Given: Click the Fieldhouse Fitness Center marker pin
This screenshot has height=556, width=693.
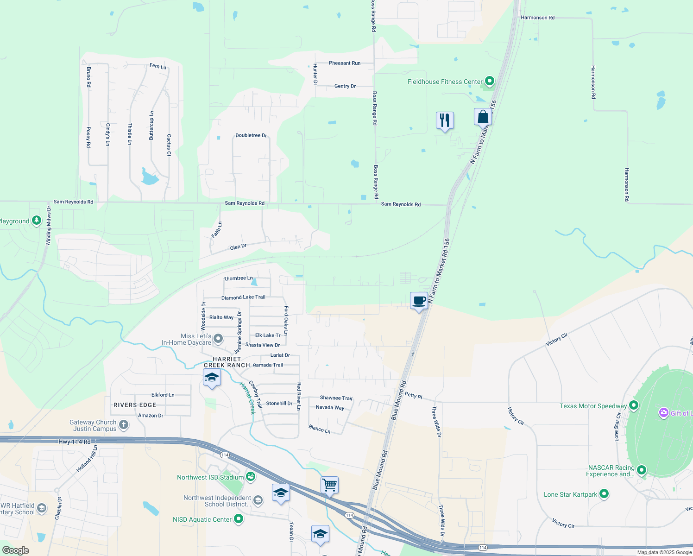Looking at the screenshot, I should [489, 82].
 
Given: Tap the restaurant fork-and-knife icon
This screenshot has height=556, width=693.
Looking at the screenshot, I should [445, 120].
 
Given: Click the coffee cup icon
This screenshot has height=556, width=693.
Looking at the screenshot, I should [419, 301].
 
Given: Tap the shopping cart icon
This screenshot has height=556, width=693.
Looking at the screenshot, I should [329, 485].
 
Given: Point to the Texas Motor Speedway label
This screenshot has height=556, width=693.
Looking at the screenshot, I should [593, 406].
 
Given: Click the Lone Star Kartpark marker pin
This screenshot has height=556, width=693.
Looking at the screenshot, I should [604, 494].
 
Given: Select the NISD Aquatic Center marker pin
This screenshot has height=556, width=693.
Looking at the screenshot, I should [239, 519].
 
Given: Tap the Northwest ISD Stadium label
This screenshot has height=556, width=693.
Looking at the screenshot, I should [210, 477].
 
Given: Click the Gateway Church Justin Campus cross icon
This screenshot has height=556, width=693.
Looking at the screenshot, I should [124, 424].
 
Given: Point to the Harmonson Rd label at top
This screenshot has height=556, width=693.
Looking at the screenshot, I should [537, 18].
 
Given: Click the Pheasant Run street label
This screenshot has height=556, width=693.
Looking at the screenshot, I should [345, 63].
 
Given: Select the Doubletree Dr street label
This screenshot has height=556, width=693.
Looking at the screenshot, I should [251, 135].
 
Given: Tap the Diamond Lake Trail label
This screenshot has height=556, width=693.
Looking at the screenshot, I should [243, 297].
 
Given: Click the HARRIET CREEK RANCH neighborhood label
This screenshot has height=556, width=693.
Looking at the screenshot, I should [227, 362].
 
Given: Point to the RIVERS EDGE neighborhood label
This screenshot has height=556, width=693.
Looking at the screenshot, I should [135, 405].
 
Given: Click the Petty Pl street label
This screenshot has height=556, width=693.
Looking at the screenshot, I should [413, 396].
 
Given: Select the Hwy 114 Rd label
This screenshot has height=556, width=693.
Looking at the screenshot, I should [75, 442].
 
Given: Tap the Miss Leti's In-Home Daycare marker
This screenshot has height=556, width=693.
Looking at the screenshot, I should [218, 339].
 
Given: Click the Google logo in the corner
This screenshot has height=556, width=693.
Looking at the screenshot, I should [16, 550].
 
